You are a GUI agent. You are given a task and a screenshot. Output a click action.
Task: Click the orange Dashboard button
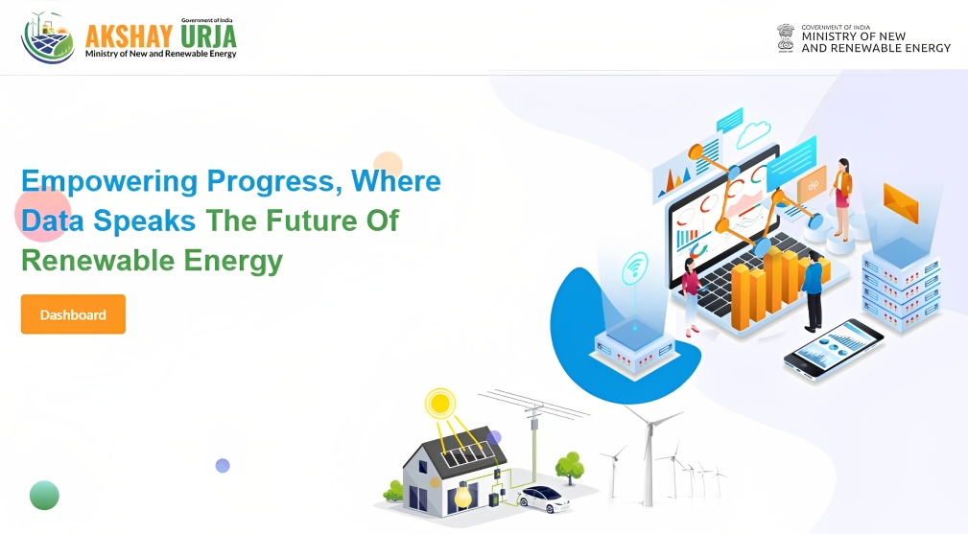pos(73,314)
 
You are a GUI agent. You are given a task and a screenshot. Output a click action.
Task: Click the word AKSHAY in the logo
pos(129,36)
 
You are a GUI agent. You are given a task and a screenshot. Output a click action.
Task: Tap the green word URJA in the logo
pos(208,36)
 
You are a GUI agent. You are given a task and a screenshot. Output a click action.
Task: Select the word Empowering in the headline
pos(109,182)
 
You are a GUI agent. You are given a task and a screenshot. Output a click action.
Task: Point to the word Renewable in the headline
pos(98,260)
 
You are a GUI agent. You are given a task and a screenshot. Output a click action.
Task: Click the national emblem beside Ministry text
pos(786,38)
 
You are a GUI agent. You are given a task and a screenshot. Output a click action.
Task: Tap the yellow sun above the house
pos(440,404)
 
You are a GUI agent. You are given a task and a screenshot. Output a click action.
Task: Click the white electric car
pos(544,499)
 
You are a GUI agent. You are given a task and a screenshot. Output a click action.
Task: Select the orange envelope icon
pos(901,202)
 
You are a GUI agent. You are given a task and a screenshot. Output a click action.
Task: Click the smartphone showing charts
pos(834,349)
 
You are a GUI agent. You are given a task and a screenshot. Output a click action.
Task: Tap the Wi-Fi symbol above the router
pos(635,268)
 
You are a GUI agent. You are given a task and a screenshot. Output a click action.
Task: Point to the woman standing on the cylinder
pos(840,198)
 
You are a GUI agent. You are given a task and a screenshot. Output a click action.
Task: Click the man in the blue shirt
pos(813,291)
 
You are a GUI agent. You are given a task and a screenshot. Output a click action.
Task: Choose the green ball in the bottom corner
pos(44,495)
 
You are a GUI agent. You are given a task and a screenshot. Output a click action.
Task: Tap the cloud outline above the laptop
pos(753,134)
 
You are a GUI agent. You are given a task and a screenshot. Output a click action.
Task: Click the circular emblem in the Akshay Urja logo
pos(48,37)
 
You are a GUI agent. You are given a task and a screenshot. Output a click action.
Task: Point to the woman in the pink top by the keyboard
pos(690,296)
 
